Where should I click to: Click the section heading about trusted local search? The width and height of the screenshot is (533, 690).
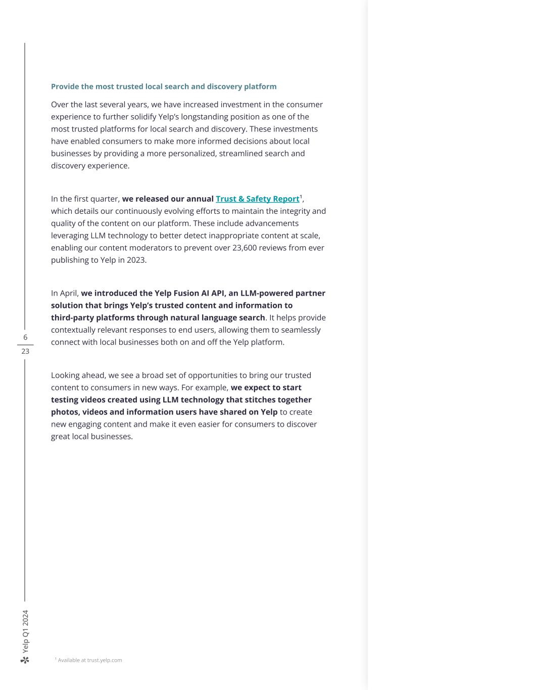(164, 86)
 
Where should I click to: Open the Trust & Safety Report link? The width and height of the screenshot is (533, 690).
(257, 199)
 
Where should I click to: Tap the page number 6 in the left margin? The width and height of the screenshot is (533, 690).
(25, 337)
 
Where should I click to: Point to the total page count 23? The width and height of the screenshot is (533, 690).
(25, 351)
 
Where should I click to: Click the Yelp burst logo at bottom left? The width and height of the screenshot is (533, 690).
(25, 660)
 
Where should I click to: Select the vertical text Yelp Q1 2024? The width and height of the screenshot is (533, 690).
(25, 631)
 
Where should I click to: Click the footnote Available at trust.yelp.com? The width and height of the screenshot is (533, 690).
(89, 660)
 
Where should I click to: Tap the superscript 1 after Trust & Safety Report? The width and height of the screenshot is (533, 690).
(301, 196)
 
